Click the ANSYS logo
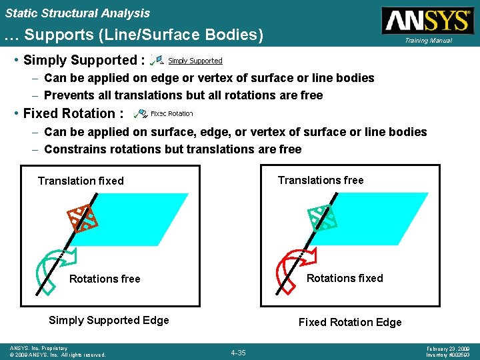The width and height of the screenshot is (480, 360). pyautogui.click(x=427, y=20)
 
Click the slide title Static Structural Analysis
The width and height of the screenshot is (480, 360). pyautogui.click(x=77, y=13)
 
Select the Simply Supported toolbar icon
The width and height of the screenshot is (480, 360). pyautogui.click(x=158, y=60)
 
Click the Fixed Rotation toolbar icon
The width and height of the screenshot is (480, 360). pyautogui.click(x=140, y=114)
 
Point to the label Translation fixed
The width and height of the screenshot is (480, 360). pyautogui.click(x=81, y=181)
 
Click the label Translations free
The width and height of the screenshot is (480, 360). pyautogui.click(x=321, y=180)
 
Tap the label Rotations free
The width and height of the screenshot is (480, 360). pyautogui.click(x=105, y=279)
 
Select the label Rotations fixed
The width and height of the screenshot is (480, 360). pyautogui.click(x=345, y=278)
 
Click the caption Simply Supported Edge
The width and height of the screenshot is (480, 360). pyautogui.click(x=109, y=320)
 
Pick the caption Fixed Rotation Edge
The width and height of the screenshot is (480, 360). pyautogui.click(x=350, y=322)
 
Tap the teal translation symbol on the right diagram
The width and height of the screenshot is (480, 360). pyautogui.click(x=322, y=217)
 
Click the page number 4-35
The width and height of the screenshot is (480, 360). pyautogui.click(x=238, y=352)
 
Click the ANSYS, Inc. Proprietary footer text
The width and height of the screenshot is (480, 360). pyautogui.click(x=39, y=348)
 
